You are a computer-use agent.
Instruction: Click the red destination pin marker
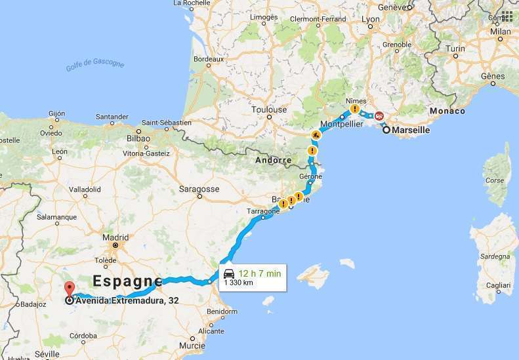[x=69, y=289]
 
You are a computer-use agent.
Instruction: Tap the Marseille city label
[x=411, y=130]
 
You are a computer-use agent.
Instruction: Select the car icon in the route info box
[x=228, y=273]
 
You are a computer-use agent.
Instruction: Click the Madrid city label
[x=115, y=237]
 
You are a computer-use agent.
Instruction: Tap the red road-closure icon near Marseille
[x=379, y=115]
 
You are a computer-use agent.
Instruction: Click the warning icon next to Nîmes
[x=355, y=110]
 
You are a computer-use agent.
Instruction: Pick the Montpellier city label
[x=341, y=125]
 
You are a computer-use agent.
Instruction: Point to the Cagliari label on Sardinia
[x=489, y=286]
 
